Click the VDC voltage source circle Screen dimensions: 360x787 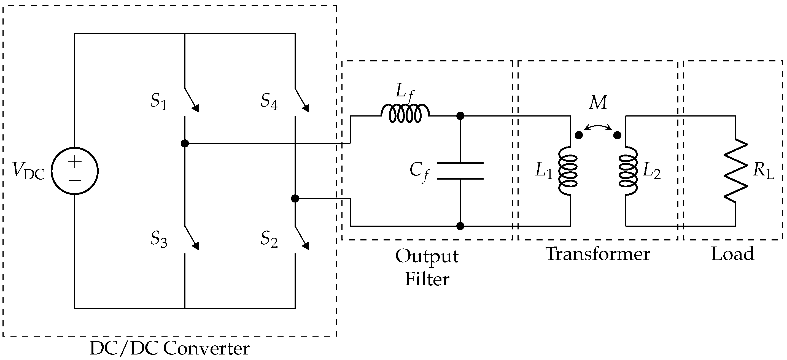click(x=75, y=171)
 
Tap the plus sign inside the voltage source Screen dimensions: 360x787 click(x=75, y=161)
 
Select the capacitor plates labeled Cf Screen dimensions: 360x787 click(x=460, y=171)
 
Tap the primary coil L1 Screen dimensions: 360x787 click(x=568, y=171)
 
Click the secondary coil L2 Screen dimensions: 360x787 click(x=628, y=171)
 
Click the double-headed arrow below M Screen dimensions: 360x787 click(x=598, y=127)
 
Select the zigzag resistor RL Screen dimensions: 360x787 click(x=736, y=171)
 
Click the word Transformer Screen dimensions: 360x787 click(x=598, y=254)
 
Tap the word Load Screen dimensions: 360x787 click(x=733, y=254)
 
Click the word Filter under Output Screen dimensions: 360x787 click(x=427, y=279)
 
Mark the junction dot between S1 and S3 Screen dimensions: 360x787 click(x=185, y=143)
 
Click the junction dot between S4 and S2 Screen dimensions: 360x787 click(x=295, y=199)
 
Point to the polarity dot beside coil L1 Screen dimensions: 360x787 click(x=579, y=135)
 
